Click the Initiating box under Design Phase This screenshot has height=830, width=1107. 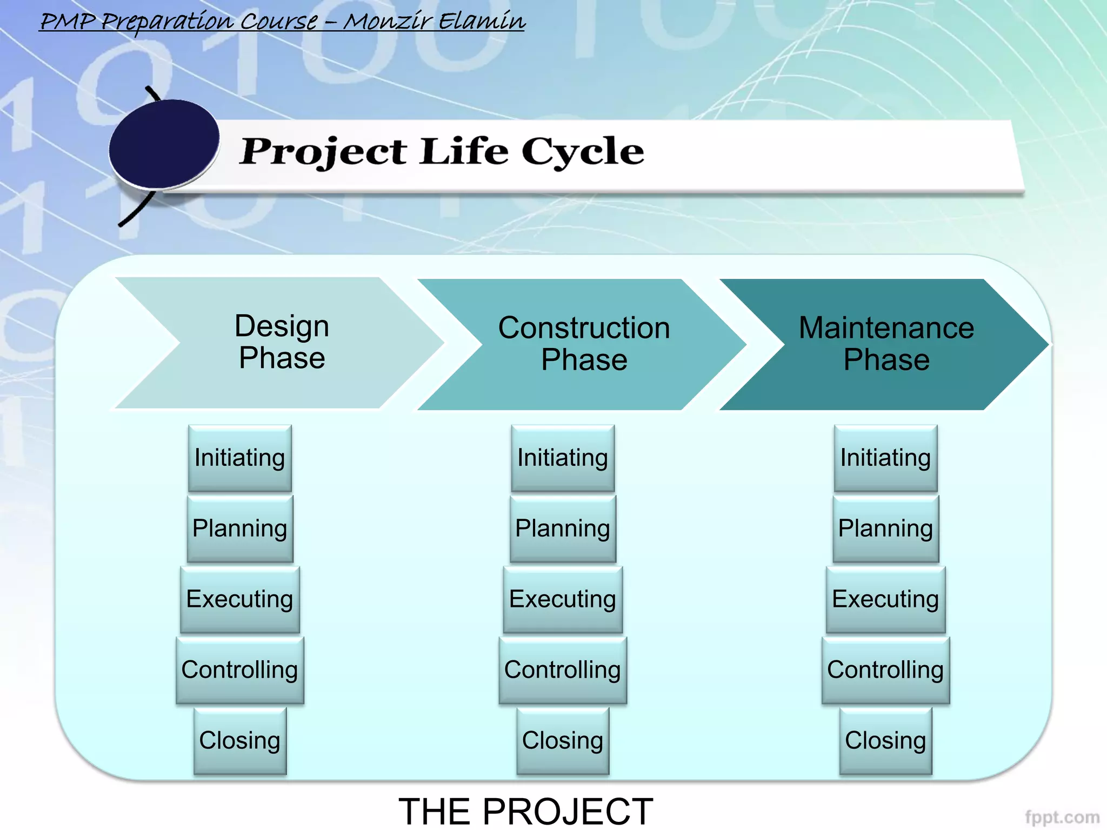point(240,458)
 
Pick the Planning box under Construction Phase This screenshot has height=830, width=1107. point(563,528)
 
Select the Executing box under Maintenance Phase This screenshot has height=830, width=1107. point(885,599)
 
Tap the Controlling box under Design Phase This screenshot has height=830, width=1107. point(240,670)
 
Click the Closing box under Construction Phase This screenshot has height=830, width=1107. point(563,741)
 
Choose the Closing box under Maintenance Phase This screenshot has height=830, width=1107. point(885,741)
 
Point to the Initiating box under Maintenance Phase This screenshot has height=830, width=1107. point(885,458)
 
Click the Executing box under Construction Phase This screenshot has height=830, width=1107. point(563,599)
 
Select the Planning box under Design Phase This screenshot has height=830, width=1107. point(240,528)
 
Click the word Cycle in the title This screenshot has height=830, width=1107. point(583,152)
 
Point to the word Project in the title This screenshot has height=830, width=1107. point(323,152)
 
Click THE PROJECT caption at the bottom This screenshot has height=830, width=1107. point(526,811)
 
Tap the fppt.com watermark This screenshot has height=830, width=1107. point(1062,816)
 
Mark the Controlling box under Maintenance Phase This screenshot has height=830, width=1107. point(885,670)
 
